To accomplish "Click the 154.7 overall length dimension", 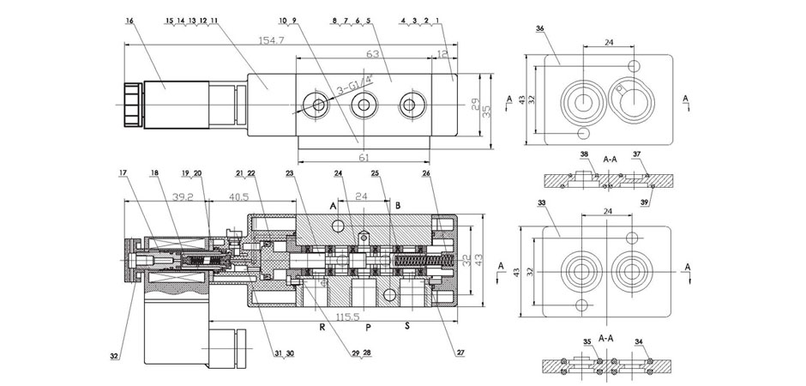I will tap(275, 40).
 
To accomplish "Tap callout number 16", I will tap(129, 19).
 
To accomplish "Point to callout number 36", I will tap(539, 29).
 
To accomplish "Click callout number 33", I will tap(541, 203).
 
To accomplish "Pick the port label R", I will tap(322, 327).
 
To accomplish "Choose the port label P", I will tap(367, 327).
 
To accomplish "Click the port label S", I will tap(408, 327).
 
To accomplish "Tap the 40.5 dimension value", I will tap(238, 196).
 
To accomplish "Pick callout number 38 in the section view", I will tap(584, 154).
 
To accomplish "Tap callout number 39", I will tap(647, 202).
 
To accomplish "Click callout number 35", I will tap(586, 342).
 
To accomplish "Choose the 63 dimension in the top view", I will tap(372, 53).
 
